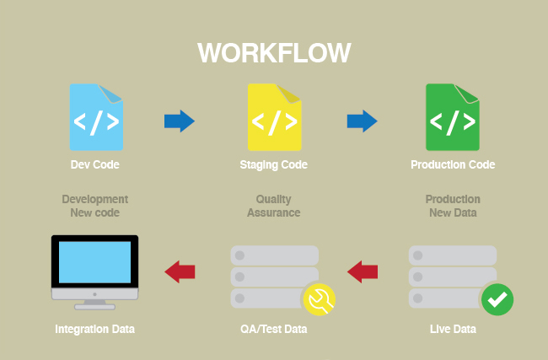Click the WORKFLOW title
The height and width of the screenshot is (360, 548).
[274, 52]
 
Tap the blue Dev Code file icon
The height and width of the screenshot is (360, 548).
[96, 117]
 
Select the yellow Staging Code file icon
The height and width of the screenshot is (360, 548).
[274, 117]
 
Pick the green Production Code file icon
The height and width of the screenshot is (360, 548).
[452, 117]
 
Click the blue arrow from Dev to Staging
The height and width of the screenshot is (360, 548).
[179, 121]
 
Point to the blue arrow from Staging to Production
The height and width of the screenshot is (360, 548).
[362, 121]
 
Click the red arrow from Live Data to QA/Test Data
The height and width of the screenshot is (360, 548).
[363, 271]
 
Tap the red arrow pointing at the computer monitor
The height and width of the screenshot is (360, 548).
[180, 271]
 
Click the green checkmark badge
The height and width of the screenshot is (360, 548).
[497, 298]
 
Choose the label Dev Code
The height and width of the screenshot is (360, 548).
[95, 164]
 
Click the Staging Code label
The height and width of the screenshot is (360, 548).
[274, 164]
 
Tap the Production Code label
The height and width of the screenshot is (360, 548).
[453, 164]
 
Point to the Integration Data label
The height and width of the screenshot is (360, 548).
[94, 329]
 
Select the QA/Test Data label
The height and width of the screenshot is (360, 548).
[274, 329]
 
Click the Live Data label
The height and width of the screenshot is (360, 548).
[453, 329]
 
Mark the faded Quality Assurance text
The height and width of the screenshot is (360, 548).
[274, 207]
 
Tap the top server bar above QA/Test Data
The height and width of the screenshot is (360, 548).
[274, 255]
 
